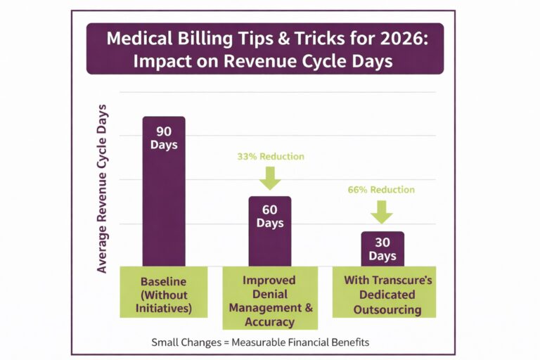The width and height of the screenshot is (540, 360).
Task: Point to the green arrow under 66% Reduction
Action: pyautogui.click(x=382, y=210)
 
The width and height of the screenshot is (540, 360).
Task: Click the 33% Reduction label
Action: pyautogui.click(x=270, y=156)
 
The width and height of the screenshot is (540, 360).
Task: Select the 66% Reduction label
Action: pyautogui.click(x=382, y=190)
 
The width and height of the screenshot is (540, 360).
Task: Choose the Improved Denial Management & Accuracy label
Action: pyautogui.click(x=269, y=301)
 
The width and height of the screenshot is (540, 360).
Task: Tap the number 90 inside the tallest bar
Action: pyautogui.click(x=164, y=131)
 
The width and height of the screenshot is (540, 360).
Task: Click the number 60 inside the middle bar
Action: pyautogui.click(x=269, y=210)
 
